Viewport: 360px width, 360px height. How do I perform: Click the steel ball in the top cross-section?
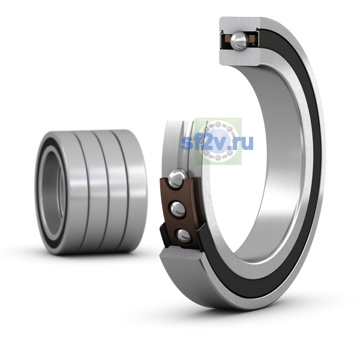coord(239,41)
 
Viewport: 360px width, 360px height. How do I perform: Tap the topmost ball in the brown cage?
coord(178,178)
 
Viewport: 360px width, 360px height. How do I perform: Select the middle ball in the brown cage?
coord(178,209)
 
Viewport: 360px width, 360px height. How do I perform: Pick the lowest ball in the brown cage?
coord(184,236)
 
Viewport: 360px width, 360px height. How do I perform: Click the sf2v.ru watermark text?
coord(217,143)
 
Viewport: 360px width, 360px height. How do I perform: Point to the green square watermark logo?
coord(218,141)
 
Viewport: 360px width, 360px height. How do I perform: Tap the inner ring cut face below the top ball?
coord(239,57)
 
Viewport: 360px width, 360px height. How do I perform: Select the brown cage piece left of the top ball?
coord(227,38)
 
